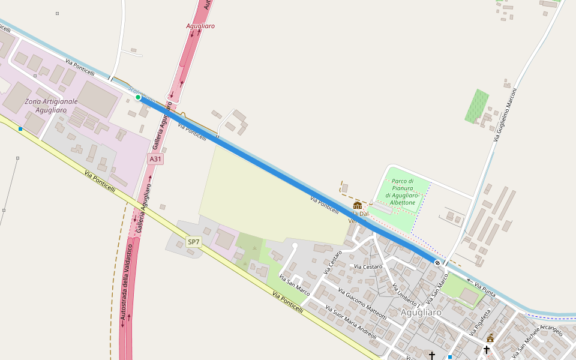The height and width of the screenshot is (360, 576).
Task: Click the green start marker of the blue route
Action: (x=138, y=97)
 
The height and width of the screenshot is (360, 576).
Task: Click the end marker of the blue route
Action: (x=437, y=262)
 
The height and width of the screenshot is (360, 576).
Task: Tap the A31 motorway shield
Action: (x=155, y=159)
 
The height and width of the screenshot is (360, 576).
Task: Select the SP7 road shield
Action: (x=193, y=242)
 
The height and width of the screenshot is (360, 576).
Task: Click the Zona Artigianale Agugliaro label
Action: (x=51, y=106)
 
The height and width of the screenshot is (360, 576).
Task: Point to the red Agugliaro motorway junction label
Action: (x=200, y=26)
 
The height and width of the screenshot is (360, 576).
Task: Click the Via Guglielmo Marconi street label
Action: (x=506, y=115)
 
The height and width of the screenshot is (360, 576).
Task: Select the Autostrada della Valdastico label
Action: (x=125, y=286)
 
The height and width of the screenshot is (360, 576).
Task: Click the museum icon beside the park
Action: (x=358, y=205)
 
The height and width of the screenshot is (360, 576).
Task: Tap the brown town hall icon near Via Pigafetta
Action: (x=490, y=338)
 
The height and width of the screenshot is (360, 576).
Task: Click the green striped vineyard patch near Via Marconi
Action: (x=477, y=106)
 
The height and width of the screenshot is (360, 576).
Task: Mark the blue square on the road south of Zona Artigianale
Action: (x=20, y=129)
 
